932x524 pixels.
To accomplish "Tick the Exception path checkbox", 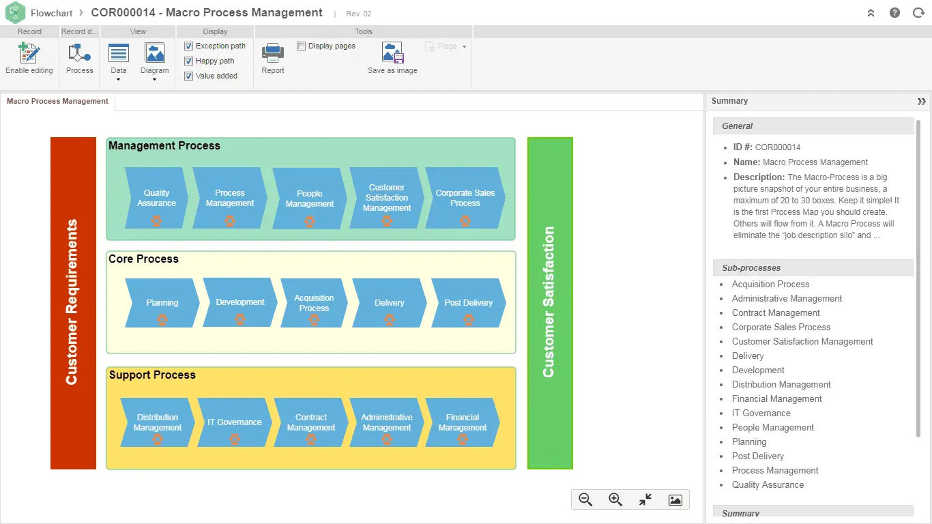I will (189, 46).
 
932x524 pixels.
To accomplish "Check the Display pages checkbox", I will (302, 46).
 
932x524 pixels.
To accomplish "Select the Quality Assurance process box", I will (156, 199).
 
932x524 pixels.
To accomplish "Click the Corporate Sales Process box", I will (465, 199).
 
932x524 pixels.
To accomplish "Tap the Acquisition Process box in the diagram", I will (314, 304).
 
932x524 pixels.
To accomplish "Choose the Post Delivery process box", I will (468, 303).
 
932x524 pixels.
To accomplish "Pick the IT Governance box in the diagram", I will (235, 422).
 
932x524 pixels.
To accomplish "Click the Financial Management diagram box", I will (463, 422).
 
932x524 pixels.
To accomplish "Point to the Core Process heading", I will (144, 259).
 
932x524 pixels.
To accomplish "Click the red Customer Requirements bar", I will (73, 303).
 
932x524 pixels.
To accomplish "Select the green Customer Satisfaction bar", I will (550, 303).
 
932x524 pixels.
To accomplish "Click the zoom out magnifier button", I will (585, 499).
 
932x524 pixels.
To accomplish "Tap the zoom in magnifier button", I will (615, 499).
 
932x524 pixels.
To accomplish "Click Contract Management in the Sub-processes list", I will (776, 313).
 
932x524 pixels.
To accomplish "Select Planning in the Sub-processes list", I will (749, 442).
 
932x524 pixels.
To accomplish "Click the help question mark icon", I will (895, 13).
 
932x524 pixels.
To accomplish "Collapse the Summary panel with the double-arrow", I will (921, 102).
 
